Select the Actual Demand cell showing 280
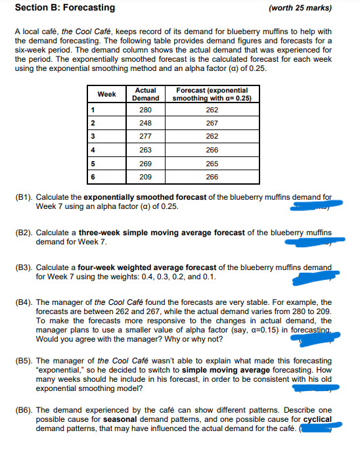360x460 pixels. point(145,110)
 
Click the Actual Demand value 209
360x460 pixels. point(145,177)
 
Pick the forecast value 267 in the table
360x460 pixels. point(212,123)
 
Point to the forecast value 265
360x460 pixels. point(212,164)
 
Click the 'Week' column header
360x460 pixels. point(106,94)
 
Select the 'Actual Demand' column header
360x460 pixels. point(145,94)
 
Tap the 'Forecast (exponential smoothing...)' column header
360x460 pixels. point(212,94)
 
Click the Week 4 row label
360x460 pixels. point(94,150)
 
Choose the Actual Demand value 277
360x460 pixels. point(145,137)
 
